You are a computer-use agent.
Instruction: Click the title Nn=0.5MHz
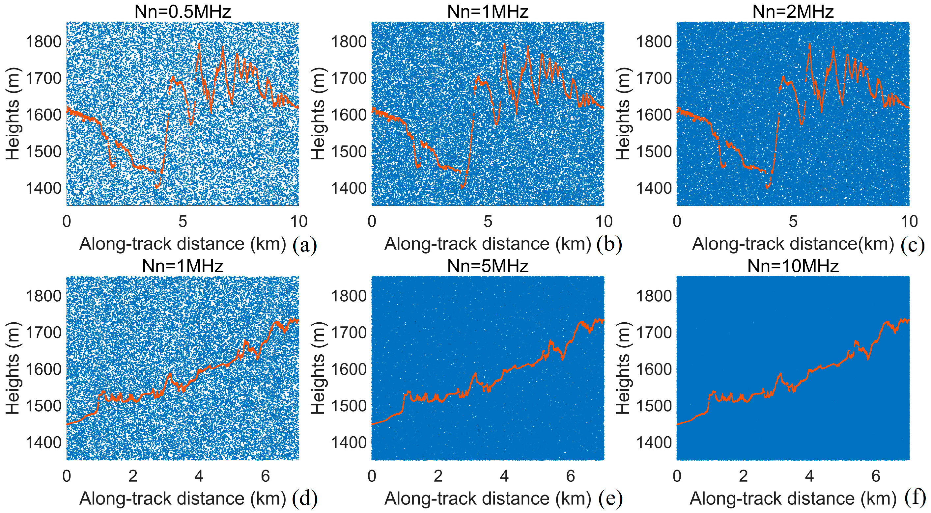[x=183, y=12]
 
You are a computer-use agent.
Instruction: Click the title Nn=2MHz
[x=793, y=12]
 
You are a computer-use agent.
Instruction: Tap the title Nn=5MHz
[x=488, y=266]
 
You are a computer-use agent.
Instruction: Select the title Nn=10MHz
[x=793, y=266]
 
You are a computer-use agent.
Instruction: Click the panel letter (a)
[x=305, y=245]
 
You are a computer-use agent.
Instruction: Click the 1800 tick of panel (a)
[x=44, y=41]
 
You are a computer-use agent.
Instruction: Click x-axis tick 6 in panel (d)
[x=265, y=476]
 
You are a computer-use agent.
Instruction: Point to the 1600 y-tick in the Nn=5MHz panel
[x=349, y=369]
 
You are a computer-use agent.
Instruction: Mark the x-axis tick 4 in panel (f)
[x=809, y=476]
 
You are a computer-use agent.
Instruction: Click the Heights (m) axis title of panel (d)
[x=13, y=368]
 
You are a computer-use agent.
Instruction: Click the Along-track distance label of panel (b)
[x=488, y=244]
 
